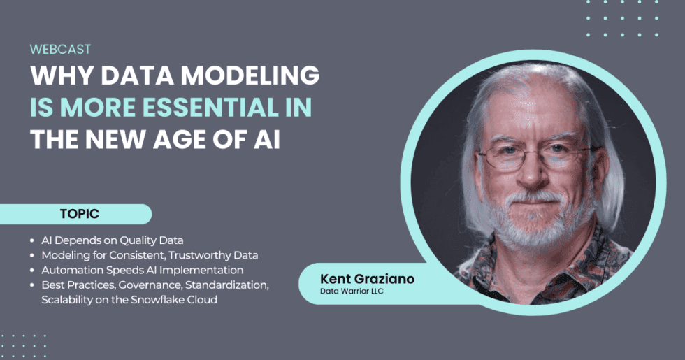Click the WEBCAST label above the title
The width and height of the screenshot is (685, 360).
pyautogui.click(x=61, y=50)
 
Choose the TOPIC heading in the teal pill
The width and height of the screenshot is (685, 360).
pyautogui.click(x=79, y=214)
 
